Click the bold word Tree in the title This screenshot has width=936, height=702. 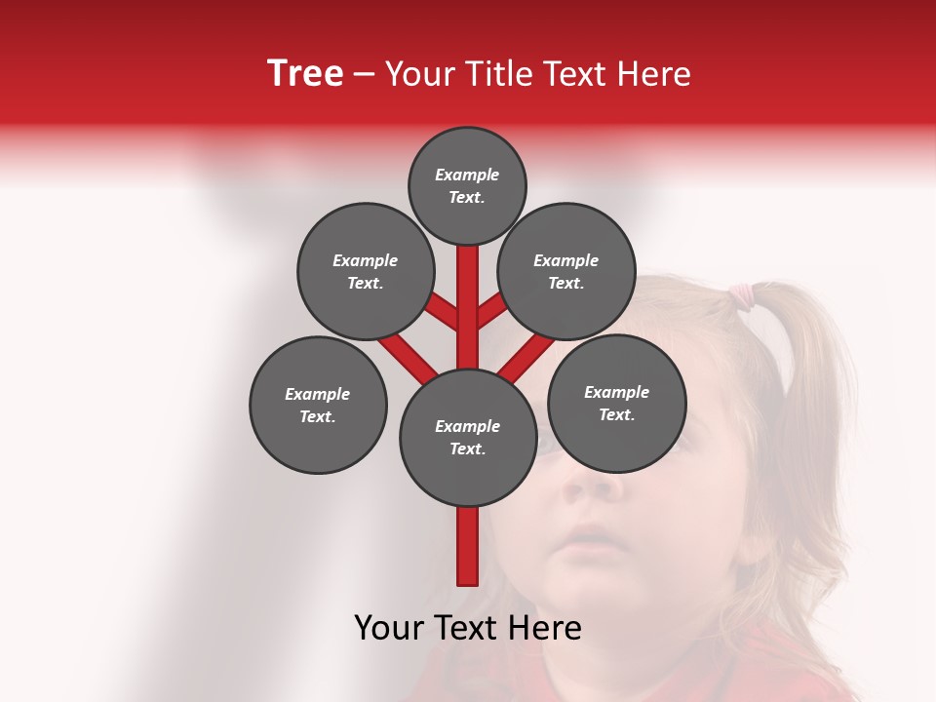(305, 74)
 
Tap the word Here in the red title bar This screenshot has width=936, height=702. (654, 74)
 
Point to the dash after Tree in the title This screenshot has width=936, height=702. (364, 75)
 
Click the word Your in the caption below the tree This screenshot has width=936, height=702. (388, 628)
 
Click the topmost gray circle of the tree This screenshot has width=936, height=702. (467, 185)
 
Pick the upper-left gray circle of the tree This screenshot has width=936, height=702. (365, 271)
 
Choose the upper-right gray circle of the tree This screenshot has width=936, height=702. (566, 271)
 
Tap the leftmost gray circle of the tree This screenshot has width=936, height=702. (318, 405)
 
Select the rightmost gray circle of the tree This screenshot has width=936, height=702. (616, 403)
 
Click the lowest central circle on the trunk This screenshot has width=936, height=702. (468, 437)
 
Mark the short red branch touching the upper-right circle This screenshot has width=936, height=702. (491, 313)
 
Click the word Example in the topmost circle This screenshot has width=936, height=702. (467, 175)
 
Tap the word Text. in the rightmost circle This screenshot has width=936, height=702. (616, 414)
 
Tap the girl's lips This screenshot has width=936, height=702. (588, 535)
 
